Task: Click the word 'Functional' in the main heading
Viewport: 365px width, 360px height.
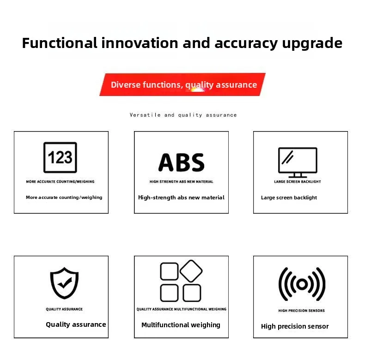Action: coord(60,43)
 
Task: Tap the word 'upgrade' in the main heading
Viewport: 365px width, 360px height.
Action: coord(312,44)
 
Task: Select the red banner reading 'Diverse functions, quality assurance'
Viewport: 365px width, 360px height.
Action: coord(182,84)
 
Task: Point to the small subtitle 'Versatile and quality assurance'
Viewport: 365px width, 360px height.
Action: coord(183,115)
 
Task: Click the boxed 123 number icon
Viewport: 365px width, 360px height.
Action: coord(60,157)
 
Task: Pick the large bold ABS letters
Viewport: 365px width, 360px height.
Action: coord(181,162)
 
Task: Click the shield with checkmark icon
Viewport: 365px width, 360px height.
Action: coord(65,283)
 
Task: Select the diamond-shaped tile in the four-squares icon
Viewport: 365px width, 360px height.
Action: coord(191,271)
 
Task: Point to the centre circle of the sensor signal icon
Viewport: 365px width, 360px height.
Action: coord(302,284)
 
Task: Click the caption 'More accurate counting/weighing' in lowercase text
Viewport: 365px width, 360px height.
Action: coord(64,198)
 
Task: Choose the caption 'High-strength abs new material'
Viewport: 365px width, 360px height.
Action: coord(181,198)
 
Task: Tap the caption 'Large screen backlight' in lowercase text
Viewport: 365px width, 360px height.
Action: coord(289,198)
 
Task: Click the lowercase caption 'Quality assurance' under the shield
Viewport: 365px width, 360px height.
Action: coord(76,324)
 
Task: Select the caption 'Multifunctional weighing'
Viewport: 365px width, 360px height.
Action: coord(181,325)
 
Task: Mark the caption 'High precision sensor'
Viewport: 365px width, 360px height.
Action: coord(295,326)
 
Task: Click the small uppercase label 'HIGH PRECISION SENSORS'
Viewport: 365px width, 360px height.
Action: coord(301,311)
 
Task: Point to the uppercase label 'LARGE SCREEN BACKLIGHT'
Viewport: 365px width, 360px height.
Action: coord(298,182)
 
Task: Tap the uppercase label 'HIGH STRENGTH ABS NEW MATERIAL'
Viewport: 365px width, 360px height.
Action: coord(181,182)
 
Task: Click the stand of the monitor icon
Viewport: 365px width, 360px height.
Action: coord(298,175)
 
